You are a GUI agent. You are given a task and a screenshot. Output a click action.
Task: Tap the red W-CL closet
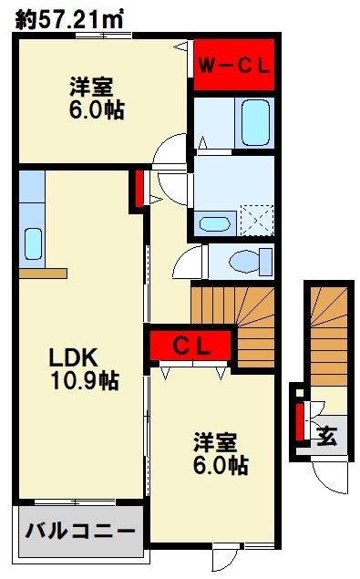[x=234, y=66]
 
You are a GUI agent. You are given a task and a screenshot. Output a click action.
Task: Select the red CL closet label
[x=192, y=346]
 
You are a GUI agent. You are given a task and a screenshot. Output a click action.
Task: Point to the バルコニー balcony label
[x=79, y=531]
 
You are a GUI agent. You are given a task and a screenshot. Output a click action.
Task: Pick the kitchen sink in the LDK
[x=33, y=243]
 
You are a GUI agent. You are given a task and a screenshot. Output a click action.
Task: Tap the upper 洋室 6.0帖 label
[x=95, y=98]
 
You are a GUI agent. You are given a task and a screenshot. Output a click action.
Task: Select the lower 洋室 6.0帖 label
[x=220, y=453]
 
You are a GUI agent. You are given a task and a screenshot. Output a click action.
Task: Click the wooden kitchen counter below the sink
[x=42, y=273]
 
